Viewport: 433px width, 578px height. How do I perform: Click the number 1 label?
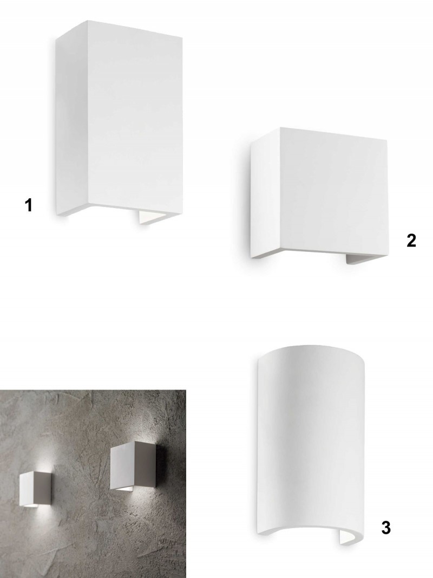(x=28, y=205)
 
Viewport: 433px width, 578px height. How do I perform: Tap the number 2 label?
(x=411, y=241)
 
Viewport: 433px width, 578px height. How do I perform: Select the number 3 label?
(x=386, y=528)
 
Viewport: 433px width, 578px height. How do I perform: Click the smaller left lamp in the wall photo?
(x=32, y=488)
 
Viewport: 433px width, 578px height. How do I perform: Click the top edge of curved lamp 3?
(x=312, y=349)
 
